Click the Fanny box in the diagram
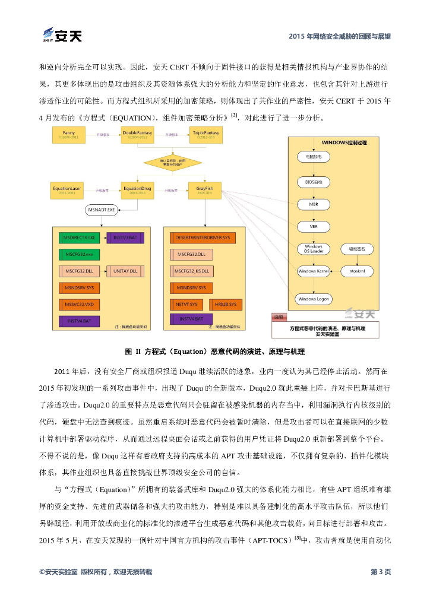[69, 135]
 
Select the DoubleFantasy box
[138, 135]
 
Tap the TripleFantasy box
[206, 135]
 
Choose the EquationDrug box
[138, 190]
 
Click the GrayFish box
[205, 190]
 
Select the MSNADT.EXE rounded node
[103, 210]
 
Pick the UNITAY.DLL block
[125, 271]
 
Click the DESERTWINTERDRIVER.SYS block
[202, 237]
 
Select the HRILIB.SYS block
[223, 304]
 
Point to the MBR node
[313, 203]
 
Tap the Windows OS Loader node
[313, 248]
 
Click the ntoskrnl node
[358, 271]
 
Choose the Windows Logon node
[313, 299]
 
